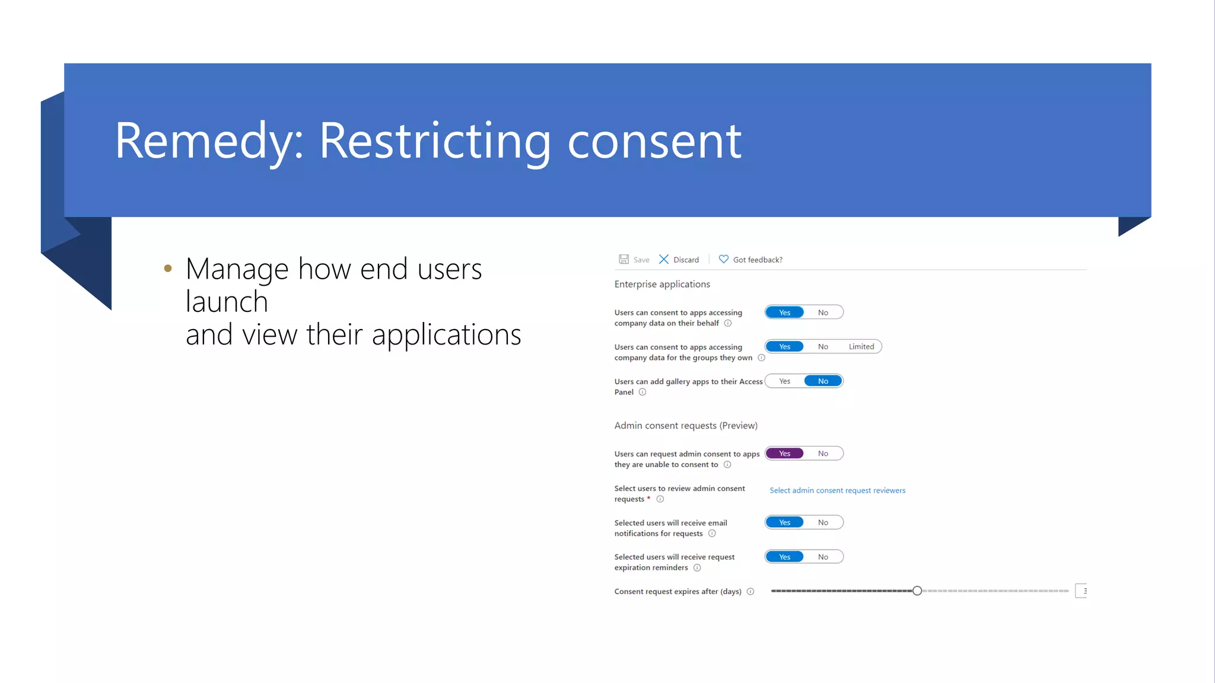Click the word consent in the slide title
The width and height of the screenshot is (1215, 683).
654,141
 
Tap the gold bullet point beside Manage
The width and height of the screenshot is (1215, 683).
168,269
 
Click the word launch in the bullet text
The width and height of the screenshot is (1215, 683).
227,302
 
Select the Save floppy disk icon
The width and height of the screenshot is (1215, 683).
624,259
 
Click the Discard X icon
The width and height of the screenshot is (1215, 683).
664,259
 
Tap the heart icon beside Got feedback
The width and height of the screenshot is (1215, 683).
723,259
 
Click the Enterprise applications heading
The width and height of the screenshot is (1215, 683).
662,284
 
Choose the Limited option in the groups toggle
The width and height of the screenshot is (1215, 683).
861,347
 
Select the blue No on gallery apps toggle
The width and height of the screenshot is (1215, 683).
823,381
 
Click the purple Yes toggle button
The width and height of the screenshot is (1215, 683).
784,454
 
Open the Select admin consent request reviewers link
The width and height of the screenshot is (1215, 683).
837,490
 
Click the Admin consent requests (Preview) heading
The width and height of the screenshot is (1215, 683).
686,426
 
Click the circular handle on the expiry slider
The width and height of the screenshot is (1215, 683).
917,591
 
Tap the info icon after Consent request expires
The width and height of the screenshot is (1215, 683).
750,591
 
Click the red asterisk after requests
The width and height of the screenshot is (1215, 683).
648,499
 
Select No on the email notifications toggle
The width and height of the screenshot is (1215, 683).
823,522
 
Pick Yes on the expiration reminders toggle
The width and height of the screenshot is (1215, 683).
784,557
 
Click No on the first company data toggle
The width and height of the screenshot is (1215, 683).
823,312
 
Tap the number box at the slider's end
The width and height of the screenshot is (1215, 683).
1082,591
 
